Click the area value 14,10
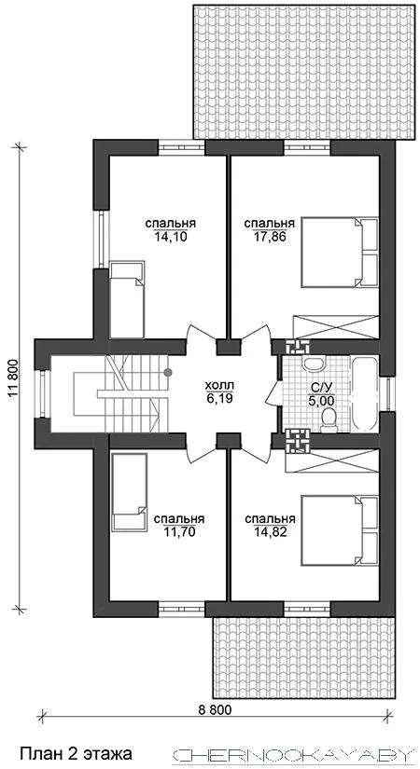171,237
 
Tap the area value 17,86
270,237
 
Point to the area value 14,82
270,531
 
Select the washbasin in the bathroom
313,364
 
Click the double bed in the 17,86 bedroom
340,252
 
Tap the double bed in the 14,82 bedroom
340,530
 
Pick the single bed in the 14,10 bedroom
127,299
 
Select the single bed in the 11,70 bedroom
129,492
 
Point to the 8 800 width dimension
214,708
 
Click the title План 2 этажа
76,752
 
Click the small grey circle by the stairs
168,372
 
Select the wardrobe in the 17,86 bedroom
335,325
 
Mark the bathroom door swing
273,393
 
